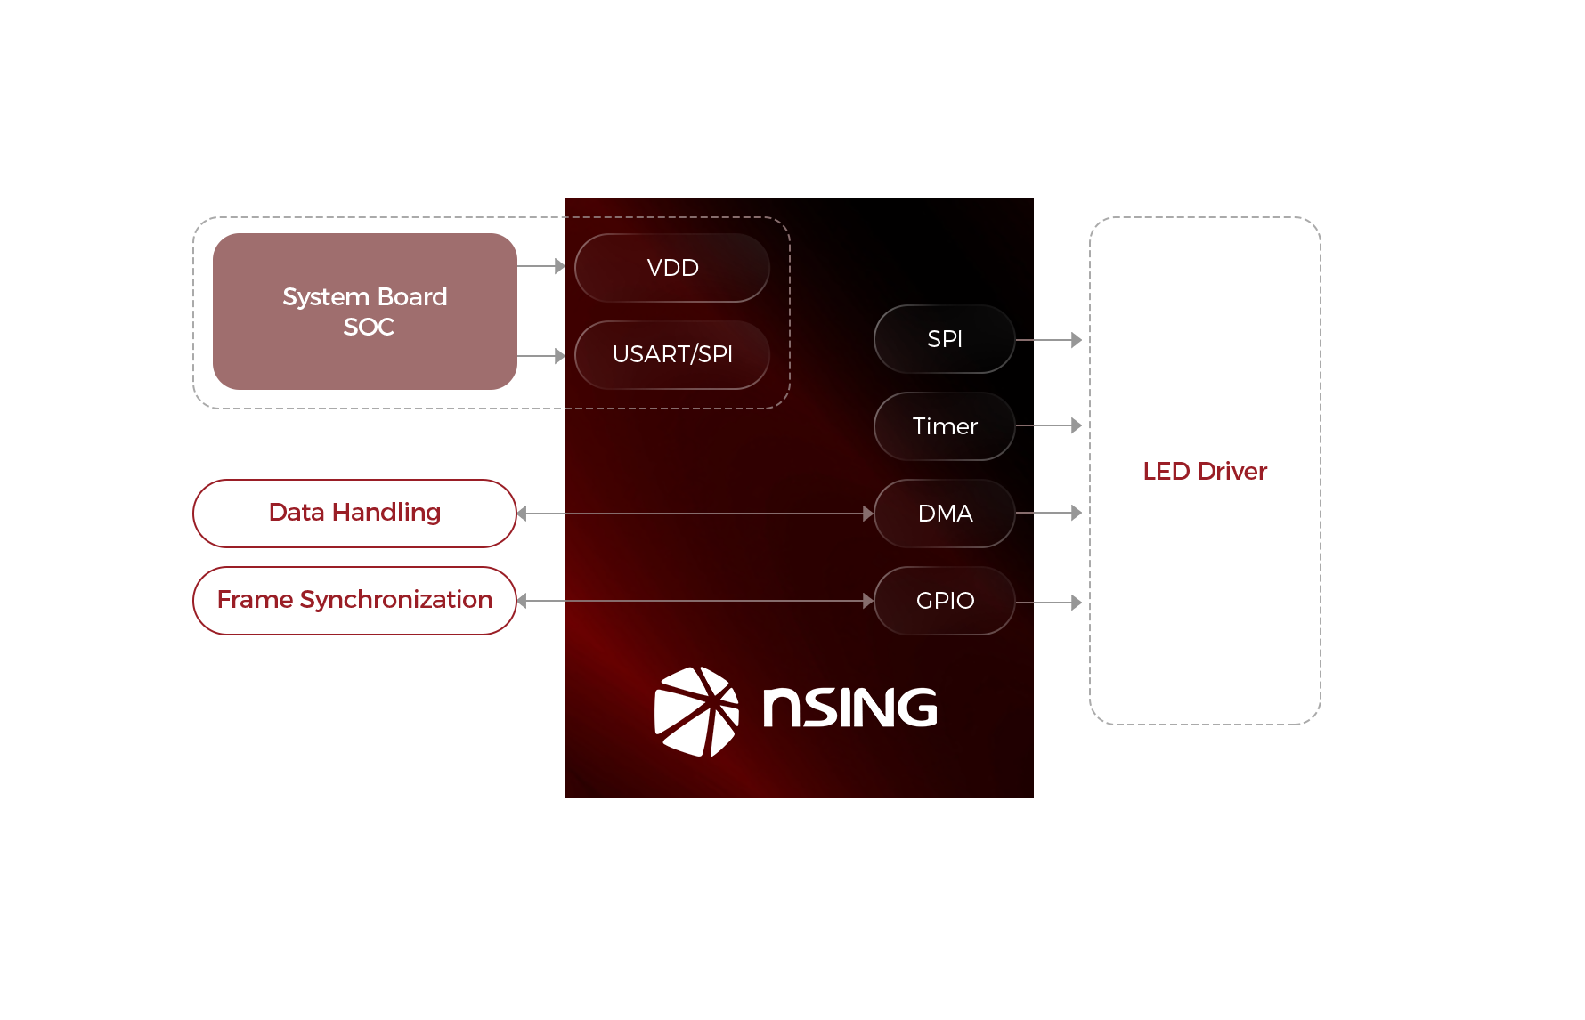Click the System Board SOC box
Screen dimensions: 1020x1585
click(x=364, y=312)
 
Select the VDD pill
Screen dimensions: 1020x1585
click(x=672, y=268)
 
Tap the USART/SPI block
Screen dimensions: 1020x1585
click(x=672, y=354)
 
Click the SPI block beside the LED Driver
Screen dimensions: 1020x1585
click(x=945, y=339)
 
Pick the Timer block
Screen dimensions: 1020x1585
click(x=945, y=426)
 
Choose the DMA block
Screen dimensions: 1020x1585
click(x=945, y=514)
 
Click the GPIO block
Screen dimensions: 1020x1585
click(x=945, y=601)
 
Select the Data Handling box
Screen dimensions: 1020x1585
click(x=354, y=513)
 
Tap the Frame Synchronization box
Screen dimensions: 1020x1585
click(x=354, y=600)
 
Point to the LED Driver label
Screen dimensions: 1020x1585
click(x=1204, y=471)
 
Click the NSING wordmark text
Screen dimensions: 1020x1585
click(x=849, y=708)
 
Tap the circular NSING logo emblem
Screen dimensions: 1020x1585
click(x=696, y=711)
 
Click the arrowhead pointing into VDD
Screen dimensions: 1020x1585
click(x=559, y=266)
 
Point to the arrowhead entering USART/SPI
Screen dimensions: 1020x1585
click(x=559, y=356)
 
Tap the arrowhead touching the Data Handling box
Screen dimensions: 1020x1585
click(x=523, y=514)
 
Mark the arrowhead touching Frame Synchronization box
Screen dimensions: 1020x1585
click(x=523, y=601)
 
